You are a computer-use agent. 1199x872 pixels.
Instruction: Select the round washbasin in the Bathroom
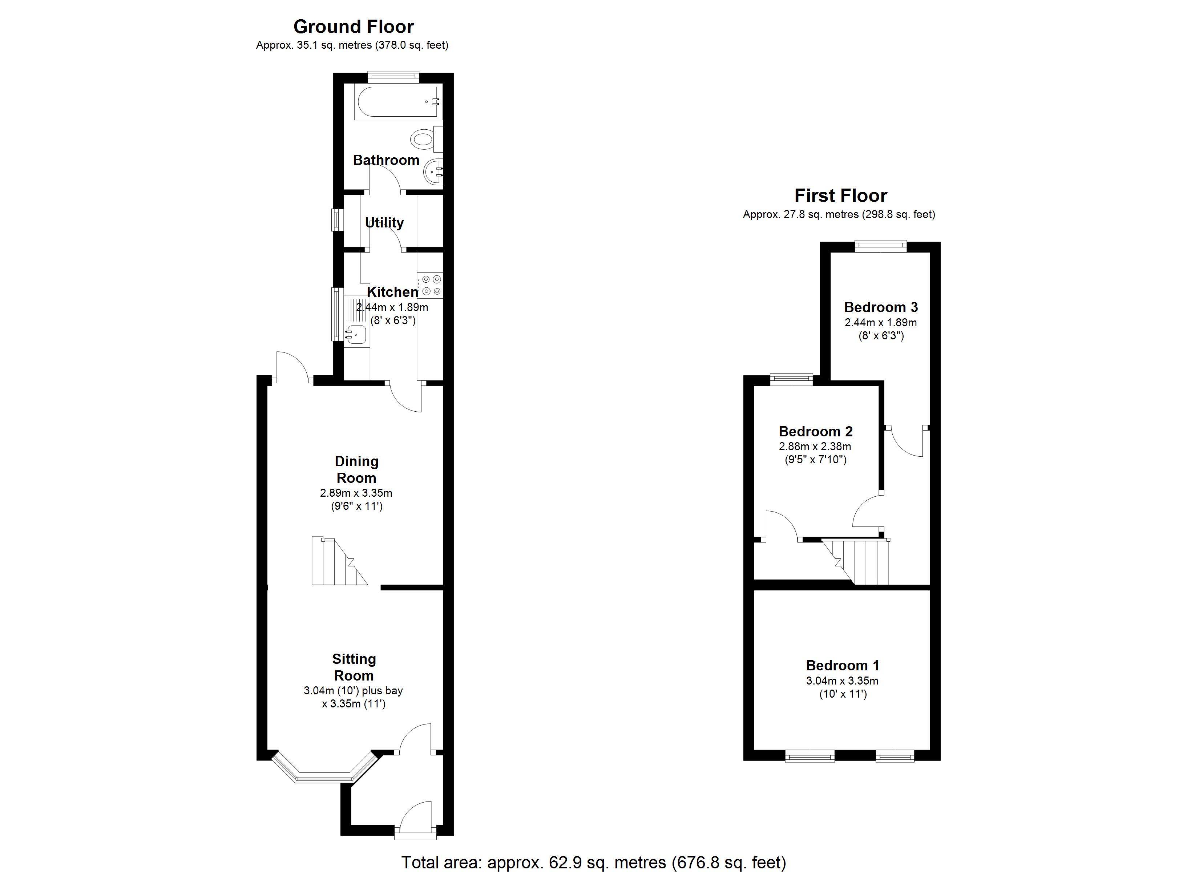[x=433, y=171]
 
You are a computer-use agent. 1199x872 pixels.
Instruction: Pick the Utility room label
[x=384, y=223]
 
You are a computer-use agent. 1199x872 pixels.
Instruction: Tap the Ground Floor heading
[x=354, y=27]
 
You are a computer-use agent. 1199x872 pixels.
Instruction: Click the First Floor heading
[x=840, y=196]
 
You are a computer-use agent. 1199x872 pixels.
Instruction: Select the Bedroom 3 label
[x=881, y=307]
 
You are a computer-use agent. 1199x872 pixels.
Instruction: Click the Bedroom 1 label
[x=843, y=665]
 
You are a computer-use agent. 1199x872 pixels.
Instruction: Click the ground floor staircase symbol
[x=339, y=561]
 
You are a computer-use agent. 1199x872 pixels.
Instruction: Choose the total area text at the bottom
[x=593, y=863]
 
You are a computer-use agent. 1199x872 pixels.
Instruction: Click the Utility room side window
[x=337, y=220]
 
